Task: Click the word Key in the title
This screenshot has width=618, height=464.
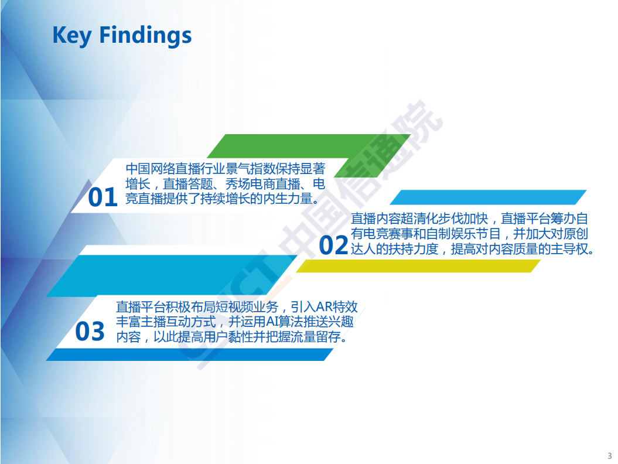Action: point(72,35)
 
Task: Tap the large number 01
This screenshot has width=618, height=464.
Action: point(103,198)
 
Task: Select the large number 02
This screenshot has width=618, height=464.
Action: point(333,245)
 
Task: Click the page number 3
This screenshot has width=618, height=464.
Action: point(609,456)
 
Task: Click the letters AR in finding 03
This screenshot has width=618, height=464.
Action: point(324,306)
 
